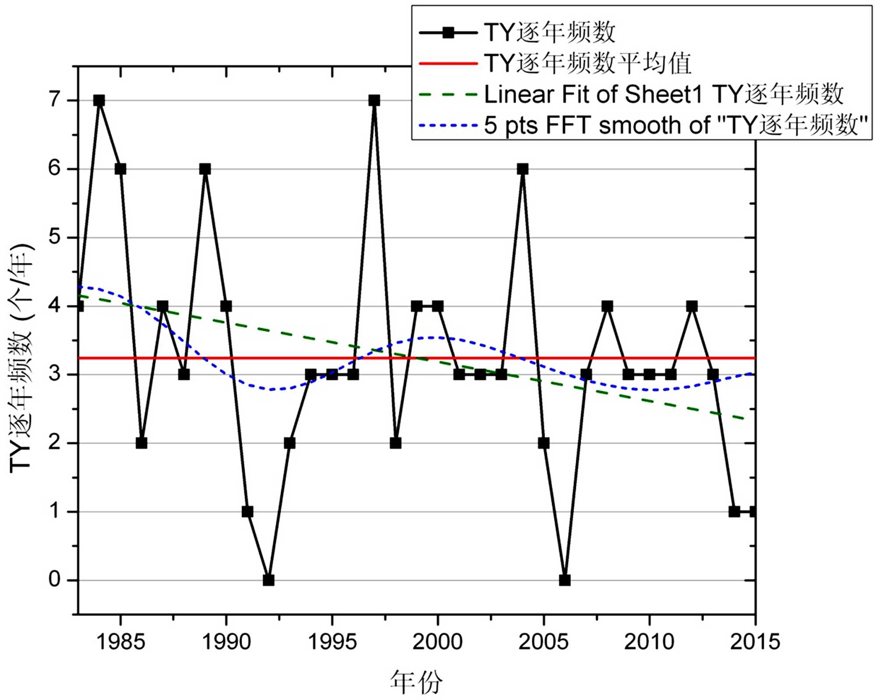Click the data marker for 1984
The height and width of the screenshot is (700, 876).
click(x=99, y=100)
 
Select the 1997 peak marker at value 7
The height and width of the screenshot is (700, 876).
click(x=374, y=100)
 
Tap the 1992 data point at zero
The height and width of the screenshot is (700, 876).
click(x=268, y=580)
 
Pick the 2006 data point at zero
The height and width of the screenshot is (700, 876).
click(x=565, y=580)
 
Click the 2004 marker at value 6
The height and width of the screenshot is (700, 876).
click(x=522, y=169)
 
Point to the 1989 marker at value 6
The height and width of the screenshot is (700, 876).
click(x=205, y=169)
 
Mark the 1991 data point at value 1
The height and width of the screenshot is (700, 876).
click(x=247, y=512)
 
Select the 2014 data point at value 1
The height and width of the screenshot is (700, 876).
click(x=734, y=512)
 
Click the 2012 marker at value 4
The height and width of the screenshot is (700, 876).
click(x=692, y=306)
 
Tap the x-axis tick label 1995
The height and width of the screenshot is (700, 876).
click(x=332, y=642)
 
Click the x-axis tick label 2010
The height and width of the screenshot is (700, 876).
click(x=649, y=642)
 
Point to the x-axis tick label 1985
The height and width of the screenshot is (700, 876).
click(x=120, y=642)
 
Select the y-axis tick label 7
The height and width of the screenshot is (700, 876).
click(x=54, y=100)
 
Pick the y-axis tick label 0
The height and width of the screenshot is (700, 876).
click(x=54, y=580)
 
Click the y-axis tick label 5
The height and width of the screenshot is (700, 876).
click(x=54, y=238)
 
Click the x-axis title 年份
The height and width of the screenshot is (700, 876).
click(x=416, y=682)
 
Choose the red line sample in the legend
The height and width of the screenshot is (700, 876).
click(x=448, y=64)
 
